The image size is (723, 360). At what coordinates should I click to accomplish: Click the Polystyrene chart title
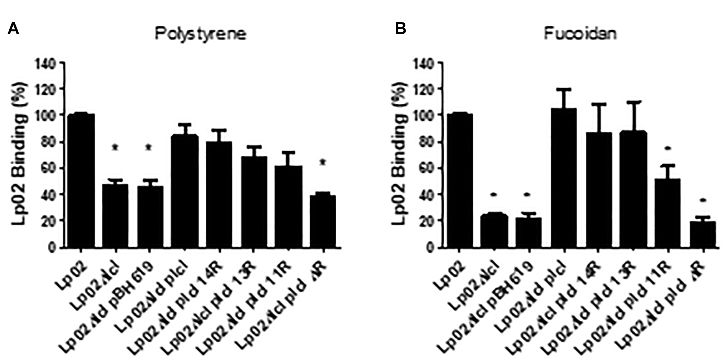[201, 34]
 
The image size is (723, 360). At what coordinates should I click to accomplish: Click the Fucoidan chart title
[580, 34]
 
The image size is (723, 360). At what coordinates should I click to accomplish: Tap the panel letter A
[13, 29]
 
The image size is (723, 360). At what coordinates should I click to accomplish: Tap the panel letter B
[400, 29]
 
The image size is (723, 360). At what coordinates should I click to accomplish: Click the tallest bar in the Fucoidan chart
[564, 178]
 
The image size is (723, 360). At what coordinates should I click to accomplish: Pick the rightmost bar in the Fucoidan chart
[703, 234]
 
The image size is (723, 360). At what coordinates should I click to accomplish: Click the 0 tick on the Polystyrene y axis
[53, 247]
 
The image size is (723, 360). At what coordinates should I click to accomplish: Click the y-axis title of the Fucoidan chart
[399, 153]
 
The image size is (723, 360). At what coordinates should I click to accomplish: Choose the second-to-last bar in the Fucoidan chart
[667, 213]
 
